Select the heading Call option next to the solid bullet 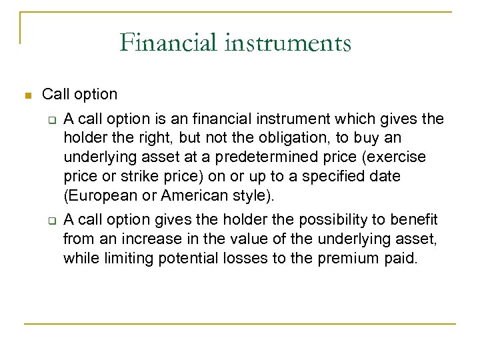[x=79, y=95]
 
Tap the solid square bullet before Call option [x=27, y=95]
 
